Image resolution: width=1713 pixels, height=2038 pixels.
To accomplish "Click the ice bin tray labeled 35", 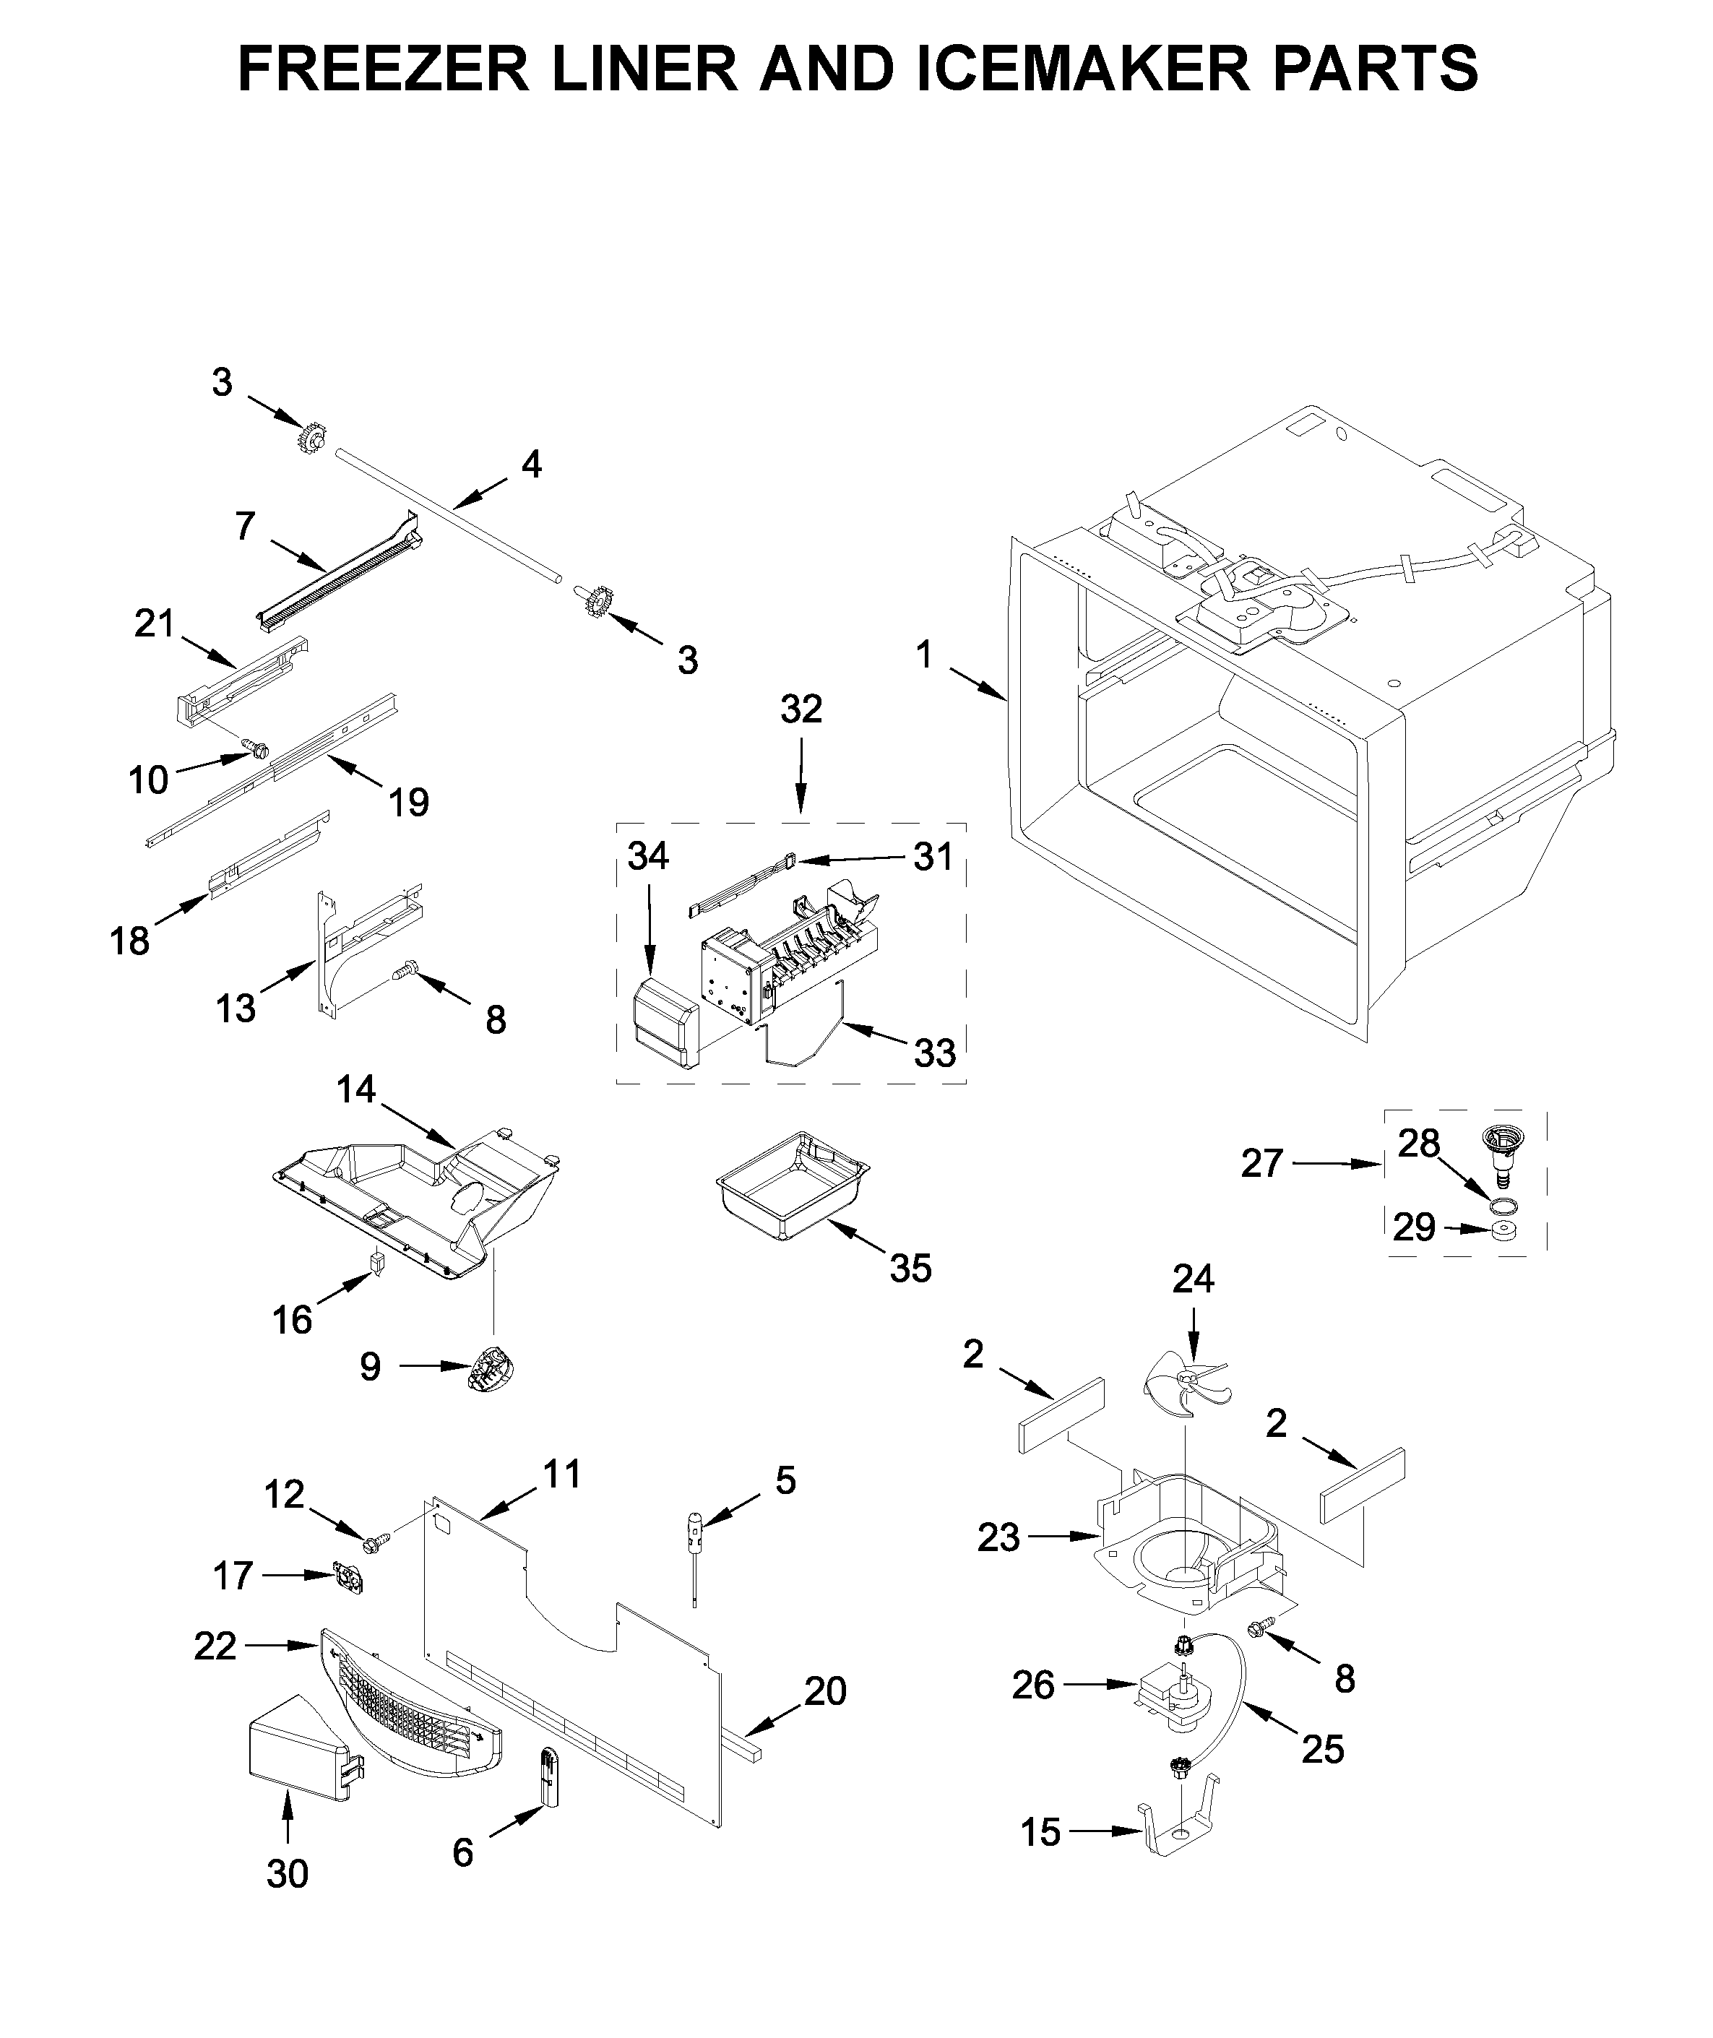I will (x=791, y=1185).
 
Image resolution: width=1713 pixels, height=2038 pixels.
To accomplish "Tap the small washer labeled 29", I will (x=1505, y=1231).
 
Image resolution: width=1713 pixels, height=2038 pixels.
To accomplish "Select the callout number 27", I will (x=1261, y=1162).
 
